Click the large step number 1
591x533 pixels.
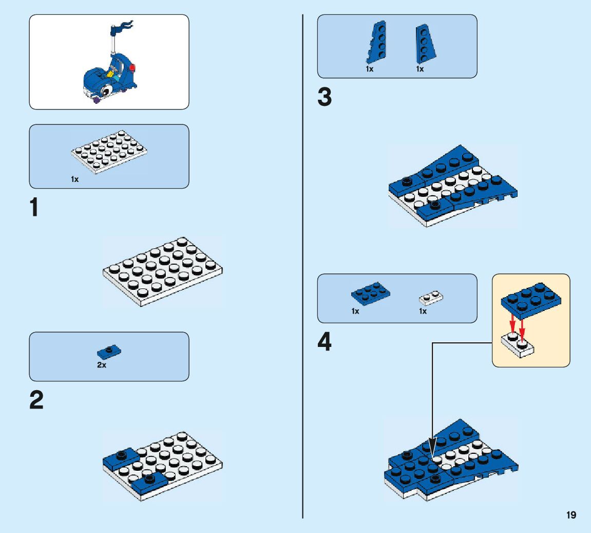[x=34, y=208]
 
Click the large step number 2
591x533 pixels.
[x=36, y=401]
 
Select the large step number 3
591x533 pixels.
[x=325, y=98]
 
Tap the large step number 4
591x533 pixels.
[x=325, y=342]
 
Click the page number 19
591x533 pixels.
[x=571, y=515]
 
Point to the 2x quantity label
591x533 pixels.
[x=102, y=365]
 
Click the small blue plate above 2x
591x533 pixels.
[x=109, y=352]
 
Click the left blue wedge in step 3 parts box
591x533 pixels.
[x=375, y=43]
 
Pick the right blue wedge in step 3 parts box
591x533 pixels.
[x=424, y=44]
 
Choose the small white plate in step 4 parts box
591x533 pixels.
[x=431, y=297]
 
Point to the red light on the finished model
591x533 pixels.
[x=134, y=68]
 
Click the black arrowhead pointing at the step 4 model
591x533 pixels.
[x=432, y=445]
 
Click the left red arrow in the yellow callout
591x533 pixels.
[x=512, y=324]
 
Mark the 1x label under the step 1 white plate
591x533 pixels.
[x=75, y=179]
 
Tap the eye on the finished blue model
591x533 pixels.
[x=107, y=91]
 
